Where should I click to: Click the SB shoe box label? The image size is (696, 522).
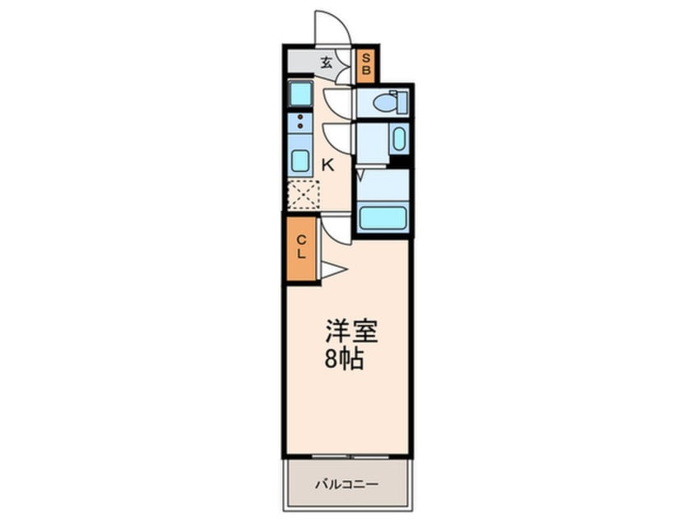tap(367, 65)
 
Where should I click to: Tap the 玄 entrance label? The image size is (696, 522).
tap(326, 62)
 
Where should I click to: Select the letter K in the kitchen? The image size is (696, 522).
tap(327, 164)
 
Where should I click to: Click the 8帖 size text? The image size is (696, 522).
tap(345, 360)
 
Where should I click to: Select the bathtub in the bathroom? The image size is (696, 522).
tap(384, 219)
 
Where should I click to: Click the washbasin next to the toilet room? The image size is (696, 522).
tap(398, 140)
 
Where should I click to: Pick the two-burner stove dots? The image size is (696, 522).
tap(300, 122)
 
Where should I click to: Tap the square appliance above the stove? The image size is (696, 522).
tap(300, 94)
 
